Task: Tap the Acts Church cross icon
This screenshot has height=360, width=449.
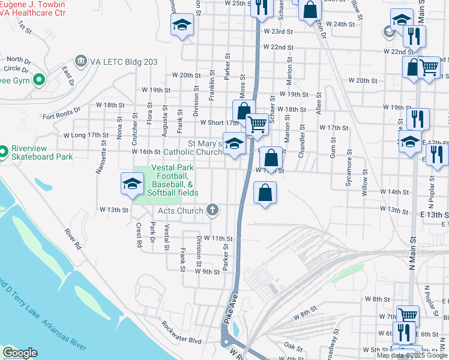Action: pos(211,211)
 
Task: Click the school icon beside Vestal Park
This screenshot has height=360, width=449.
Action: pos(131,184)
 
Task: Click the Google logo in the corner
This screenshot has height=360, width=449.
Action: pos(19,353)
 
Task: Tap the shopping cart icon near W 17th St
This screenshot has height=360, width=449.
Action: pos(258,125)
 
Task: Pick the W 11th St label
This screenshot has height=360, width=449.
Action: pos(218,238)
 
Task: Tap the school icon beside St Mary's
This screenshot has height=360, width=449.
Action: pos(234,143)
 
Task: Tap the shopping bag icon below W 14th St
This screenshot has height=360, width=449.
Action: pos(265,193)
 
